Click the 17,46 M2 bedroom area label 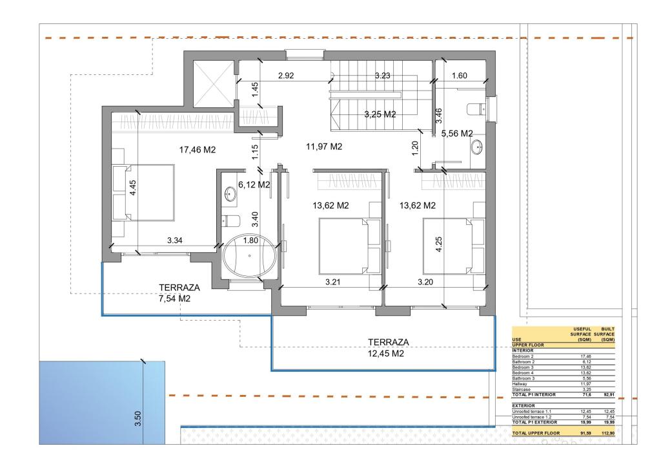197,150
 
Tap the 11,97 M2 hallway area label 323,147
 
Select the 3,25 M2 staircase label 380,114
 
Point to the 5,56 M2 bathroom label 457,133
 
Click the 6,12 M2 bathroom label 254,185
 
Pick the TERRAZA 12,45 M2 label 385,348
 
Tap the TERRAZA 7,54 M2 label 179,293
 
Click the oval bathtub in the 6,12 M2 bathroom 249,257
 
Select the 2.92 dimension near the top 286,76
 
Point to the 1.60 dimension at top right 459,76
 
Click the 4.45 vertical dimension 133,188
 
